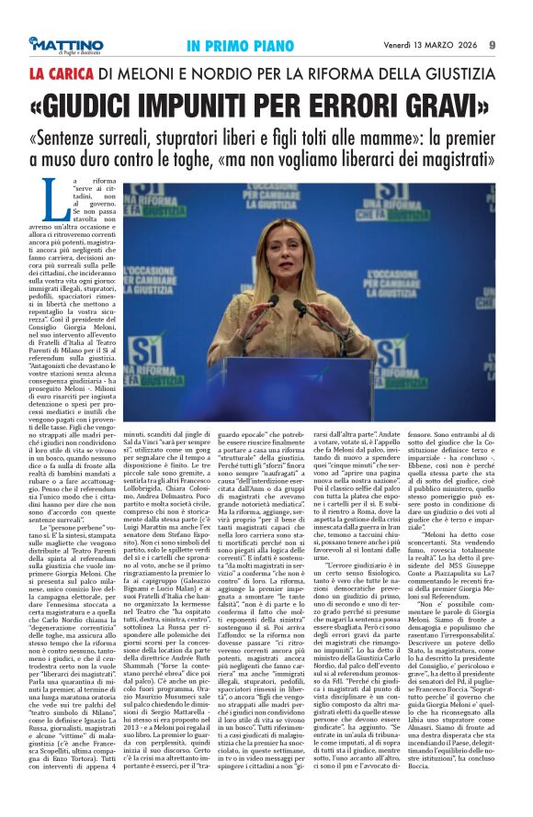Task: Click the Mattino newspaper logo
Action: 65,44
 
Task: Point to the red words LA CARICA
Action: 61,72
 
